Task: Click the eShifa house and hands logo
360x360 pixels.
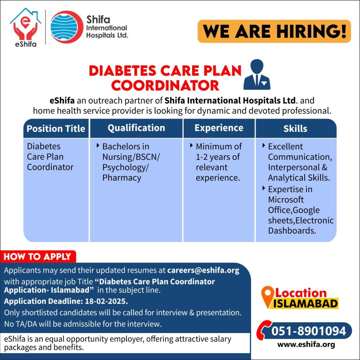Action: click(x=26, y=27)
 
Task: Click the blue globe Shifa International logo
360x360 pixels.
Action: click(x=67, y=27)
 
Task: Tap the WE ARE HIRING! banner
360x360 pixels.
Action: click(x=274, y=31)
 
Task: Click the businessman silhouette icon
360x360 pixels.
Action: click(x=257, y=75)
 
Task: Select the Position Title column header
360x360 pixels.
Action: click(x=56, y=129)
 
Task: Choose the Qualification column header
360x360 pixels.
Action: click(x=136, y=128)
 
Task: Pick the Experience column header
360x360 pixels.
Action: click(x=219, y=128)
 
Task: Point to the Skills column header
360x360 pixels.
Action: click(x=296, y=129)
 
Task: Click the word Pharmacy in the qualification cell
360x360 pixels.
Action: click(x=121, y=178)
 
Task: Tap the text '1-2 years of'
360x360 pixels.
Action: click(x=218, y=157)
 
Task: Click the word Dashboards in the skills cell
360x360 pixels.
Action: click(x=292, y=231)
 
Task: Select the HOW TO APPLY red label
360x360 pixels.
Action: click(x=38, y=256)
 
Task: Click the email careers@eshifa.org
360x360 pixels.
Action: click(x=203, y=270)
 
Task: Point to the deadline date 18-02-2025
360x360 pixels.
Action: click(x=106, y=301)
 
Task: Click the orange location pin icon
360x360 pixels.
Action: click(x=268, y=297)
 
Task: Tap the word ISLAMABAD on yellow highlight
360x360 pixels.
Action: click(x=306, y=303)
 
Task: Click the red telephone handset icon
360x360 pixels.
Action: click(x=264, y=330)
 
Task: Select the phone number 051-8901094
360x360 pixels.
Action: click(x=309, y=331)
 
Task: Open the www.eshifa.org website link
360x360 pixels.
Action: click(x=306, y=345)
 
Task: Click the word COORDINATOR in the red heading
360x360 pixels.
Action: click(x=165, y=85)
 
